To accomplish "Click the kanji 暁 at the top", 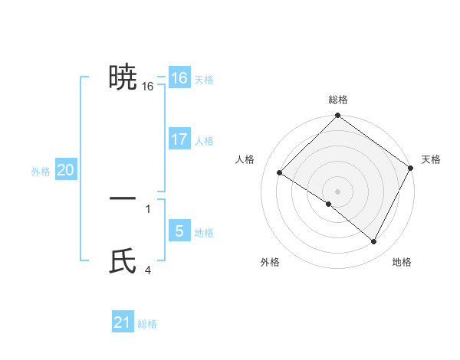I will (x=123, y=77).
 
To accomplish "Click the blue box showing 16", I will (x=179, y=78).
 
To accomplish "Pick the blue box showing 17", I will (x=179, y=139).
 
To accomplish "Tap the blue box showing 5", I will (x=179, y=231).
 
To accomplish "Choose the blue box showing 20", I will (x=65, y=170).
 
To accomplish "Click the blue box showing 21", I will (x=123, y=322).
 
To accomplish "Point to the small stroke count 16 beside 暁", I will (x=148, y=87).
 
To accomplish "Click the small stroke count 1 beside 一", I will (x=148, y=208).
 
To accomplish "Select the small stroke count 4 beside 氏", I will (x=148, y=270).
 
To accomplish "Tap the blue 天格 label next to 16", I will (x=204, y=80).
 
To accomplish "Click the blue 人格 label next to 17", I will (x=204, y=141).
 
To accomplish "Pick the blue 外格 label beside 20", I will (x=41, y=172).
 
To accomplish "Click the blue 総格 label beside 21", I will (x=147, y=324).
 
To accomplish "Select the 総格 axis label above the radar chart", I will (x=338, y=100).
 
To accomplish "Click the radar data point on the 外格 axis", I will (x=329, y=205).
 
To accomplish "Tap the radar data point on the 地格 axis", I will (x=374, y=242).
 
